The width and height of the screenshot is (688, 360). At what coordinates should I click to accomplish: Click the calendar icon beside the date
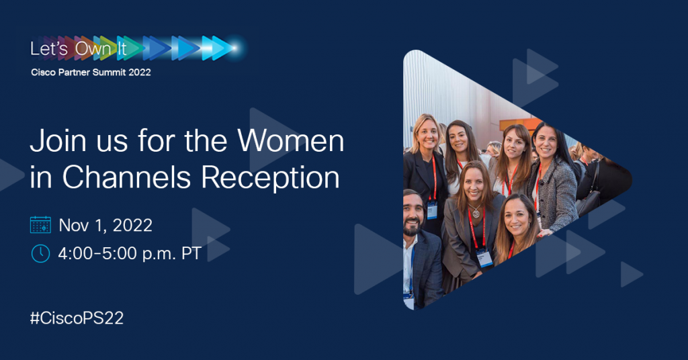pos(40,224)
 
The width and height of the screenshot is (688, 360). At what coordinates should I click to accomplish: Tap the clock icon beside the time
pos(40,253)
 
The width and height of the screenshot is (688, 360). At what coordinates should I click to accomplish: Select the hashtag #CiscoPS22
pos(77,318)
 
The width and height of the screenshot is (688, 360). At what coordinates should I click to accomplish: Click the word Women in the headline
pos(290,141)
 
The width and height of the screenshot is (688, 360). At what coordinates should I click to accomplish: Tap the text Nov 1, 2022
pos(105,226)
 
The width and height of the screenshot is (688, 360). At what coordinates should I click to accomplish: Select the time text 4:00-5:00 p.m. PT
pos(130,254)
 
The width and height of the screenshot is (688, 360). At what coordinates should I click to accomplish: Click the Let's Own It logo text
pos(79,48)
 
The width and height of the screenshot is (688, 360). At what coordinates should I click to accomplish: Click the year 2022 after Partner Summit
pos(140,73)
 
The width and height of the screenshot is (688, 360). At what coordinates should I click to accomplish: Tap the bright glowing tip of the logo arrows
pos(235,48)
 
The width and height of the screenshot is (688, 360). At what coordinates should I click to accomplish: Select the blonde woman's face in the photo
pos(427,134)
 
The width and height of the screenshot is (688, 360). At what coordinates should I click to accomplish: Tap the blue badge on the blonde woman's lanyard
pos(432,210)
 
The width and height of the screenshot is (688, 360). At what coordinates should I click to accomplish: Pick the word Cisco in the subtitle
pos(43,73)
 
